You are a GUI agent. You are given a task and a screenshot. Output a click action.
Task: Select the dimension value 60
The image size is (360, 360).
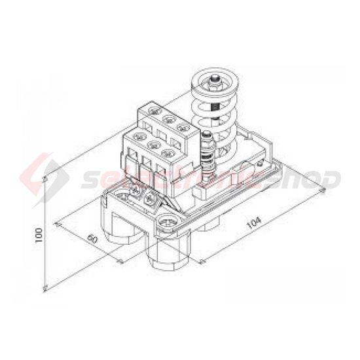92,239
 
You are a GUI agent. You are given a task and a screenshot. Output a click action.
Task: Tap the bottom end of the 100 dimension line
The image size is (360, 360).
45,288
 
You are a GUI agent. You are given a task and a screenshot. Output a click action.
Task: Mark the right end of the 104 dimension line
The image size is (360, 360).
323,190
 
